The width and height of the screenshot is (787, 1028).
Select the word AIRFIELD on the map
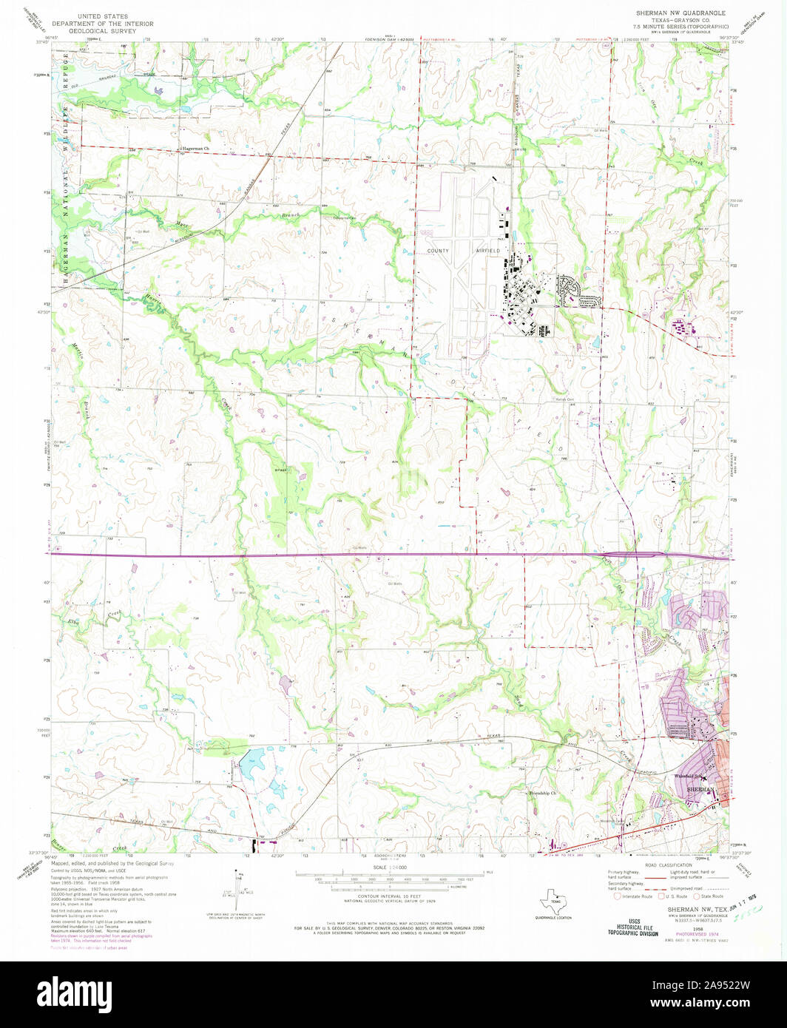[488, 251]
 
